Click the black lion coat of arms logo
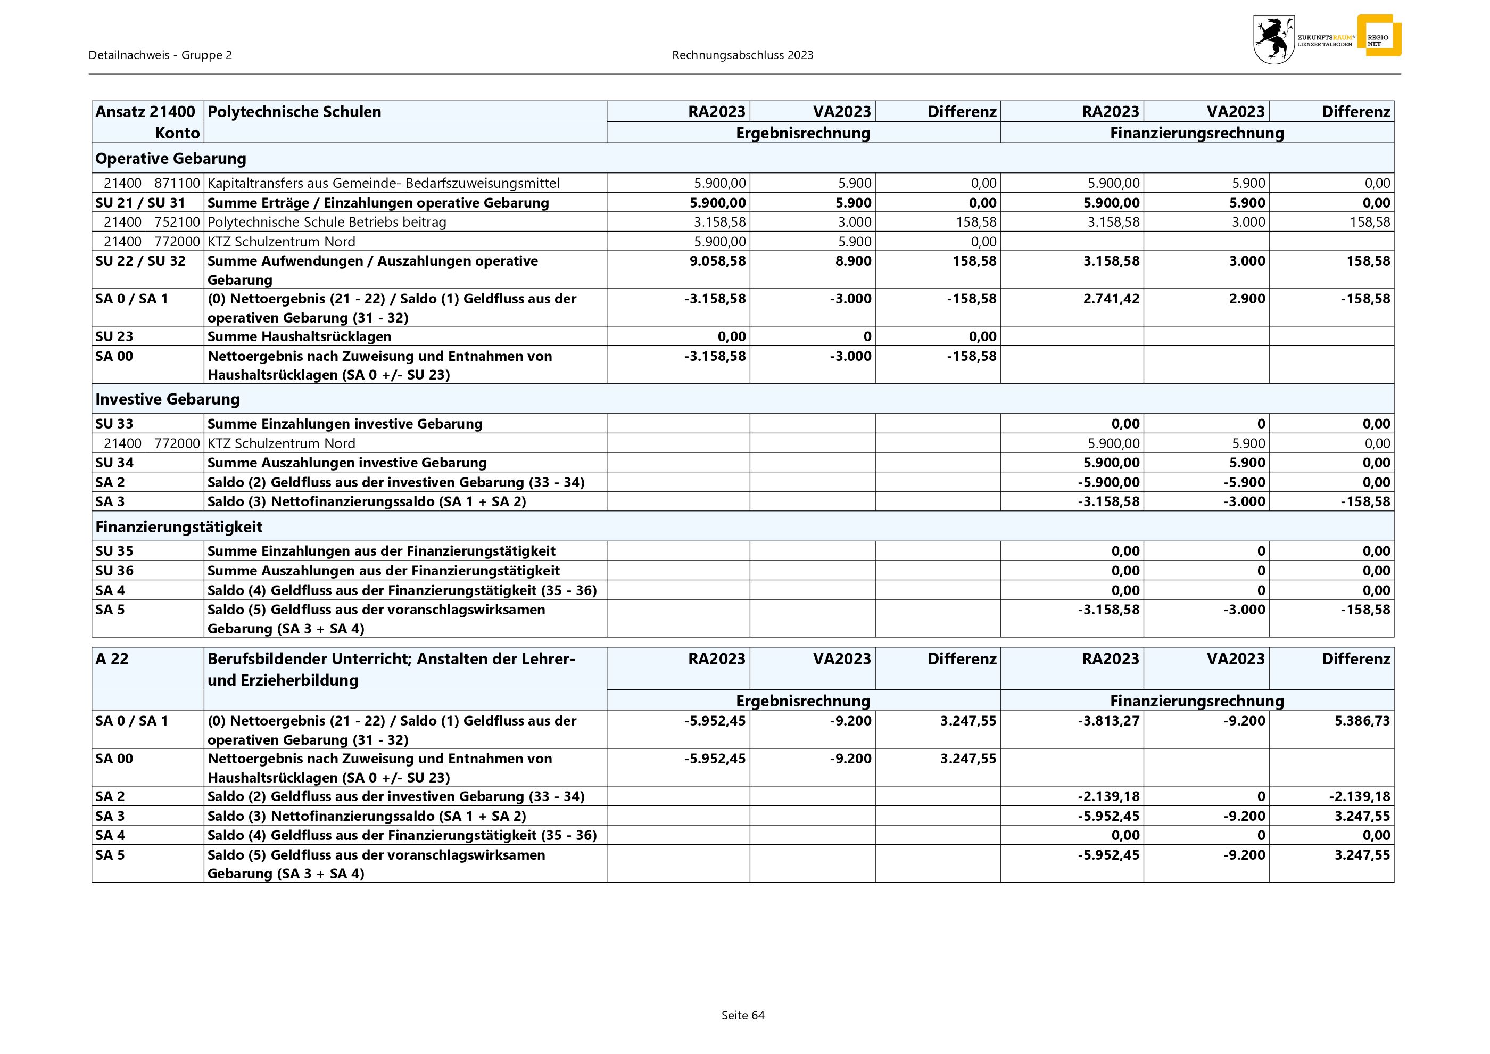click(x=1273, y=39)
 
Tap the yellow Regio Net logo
click(x=1378, y=36)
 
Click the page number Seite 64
click(x=743, y=1015)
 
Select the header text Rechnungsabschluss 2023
click(x=742, y=55)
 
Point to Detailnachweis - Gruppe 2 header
click(x=160, y=55)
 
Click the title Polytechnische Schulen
click(x=294, y=112)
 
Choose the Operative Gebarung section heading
click(x=171, y=158)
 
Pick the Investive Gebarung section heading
click(x=168, y=399)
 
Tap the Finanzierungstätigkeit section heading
click(x=178, y=526)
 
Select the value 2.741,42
click(x=1111, y=299)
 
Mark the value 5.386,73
click(x=1362, y=720)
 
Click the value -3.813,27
click(x=1108, y=720)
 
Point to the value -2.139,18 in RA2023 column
click(x=1108, y=796)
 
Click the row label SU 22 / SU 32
click(x=140, y=261)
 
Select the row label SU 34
click(x=114, y=463)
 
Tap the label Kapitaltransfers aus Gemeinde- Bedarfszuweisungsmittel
click(x=383, y=183)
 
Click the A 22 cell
click(x=112, y=659)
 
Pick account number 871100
click(x=177, y=183)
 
